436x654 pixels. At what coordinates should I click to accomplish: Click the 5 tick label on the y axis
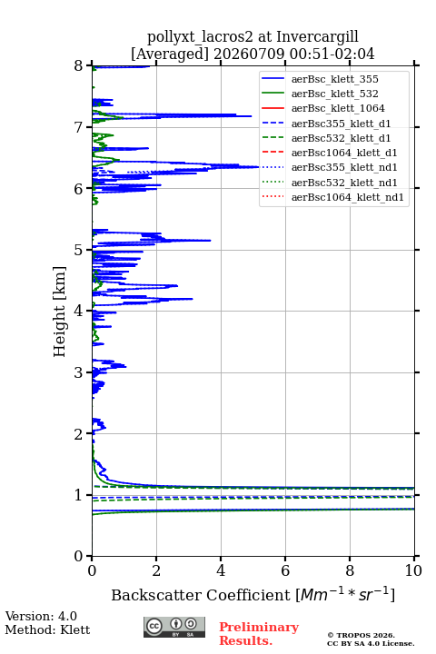click(79, 250)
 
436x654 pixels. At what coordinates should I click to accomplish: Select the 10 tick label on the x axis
click(413, 570)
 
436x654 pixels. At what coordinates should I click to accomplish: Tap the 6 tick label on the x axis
click(285, 570)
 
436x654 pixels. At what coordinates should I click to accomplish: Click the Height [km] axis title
click(59, 312)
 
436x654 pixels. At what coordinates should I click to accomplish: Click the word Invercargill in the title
click(317, 36)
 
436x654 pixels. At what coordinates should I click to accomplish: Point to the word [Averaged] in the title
click(170, 54)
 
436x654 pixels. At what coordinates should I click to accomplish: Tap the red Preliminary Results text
click(259, 634)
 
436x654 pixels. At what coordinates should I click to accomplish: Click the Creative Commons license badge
click(174, 627)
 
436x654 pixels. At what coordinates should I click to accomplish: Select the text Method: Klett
click(47, 629)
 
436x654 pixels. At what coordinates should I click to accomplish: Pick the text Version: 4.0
click(41, 616)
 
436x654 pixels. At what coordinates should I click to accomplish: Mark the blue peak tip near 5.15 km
click(211, 240)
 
